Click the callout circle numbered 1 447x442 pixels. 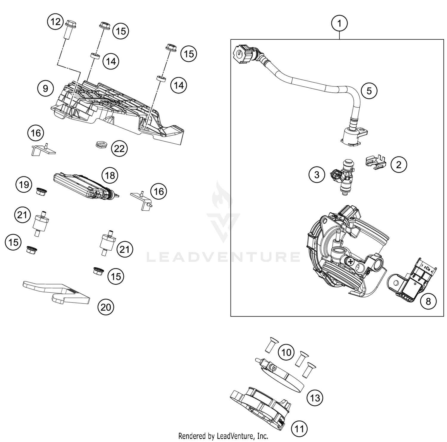coord(339,23)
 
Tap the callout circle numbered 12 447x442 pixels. coord(55,22)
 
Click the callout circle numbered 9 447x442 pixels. coord(45,89)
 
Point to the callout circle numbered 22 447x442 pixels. coord(119,148)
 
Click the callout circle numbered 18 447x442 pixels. coord(110,175)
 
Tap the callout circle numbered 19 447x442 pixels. coord(24,184)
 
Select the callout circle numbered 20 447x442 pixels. coord(106,307)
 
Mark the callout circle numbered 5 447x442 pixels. coord(369,91)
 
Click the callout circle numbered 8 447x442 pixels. coord(428,301)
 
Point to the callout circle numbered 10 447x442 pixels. coord(286,352)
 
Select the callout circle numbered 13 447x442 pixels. coord(315,398)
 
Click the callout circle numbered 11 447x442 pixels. coord(299,429)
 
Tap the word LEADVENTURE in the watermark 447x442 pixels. coord(223,257)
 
